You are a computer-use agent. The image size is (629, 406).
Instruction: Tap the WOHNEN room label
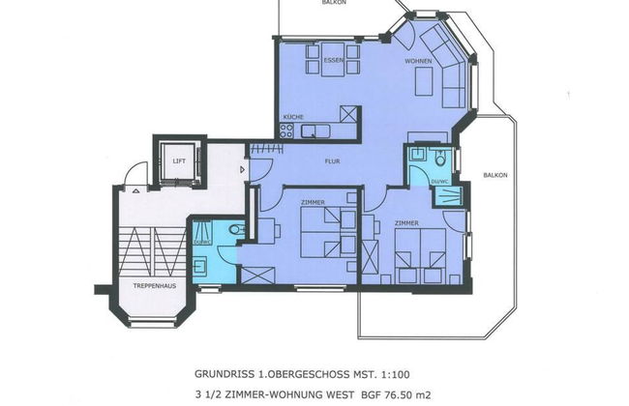pos(418,61)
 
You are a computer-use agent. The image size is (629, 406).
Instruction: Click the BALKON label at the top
pos(335,3)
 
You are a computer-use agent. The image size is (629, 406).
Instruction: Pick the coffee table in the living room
pos(424,84)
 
